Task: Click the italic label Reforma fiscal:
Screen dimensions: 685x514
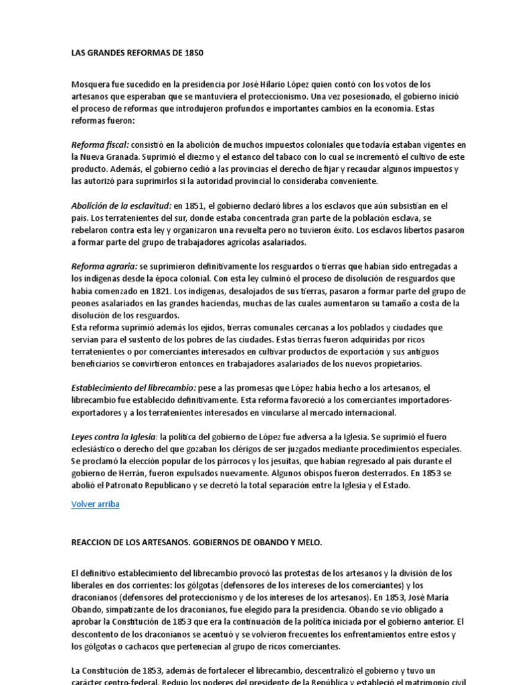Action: coord(100,144)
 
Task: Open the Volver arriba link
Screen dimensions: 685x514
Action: coord(95,504)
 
